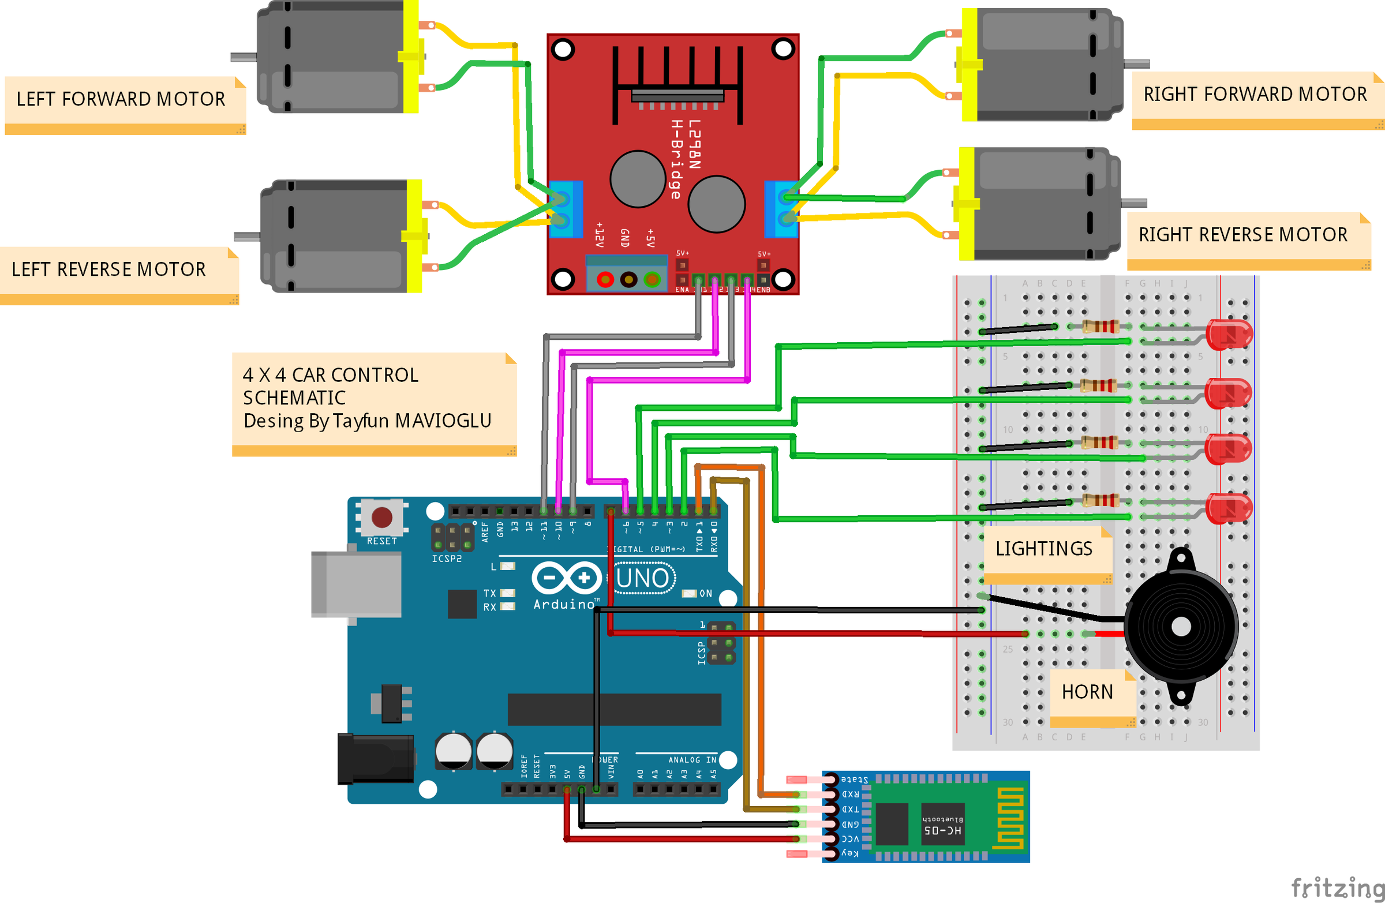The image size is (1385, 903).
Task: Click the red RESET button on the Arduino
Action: [x=382, y=516]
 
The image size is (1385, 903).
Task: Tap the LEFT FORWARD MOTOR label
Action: [x=121, y=99]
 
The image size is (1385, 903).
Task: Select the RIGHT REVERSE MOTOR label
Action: [x=1242, y=234]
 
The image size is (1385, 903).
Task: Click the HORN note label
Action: [x=1087, y=692]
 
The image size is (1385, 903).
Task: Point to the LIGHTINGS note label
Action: [x=1043, y=549]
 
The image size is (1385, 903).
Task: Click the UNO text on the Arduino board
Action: [x=642, y=578]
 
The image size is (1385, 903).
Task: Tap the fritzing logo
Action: [x=1337, y=888]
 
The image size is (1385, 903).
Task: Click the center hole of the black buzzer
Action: [x=1181, y=627]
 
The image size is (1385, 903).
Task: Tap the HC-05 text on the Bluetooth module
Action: [x=943, y=830]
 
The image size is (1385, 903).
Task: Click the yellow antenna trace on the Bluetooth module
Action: [x=1011, y=817]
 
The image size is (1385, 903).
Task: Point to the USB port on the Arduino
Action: [x=356, y=584]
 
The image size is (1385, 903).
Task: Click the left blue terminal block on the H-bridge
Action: [x=564, y=209]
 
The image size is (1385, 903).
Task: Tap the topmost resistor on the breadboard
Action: [x=1099, y=327]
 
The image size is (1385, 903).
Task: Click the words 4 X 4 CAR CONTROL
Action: [x=330, y=375]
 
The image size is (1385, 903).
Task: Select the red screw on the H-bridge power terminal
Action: [x=605, y=280]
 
